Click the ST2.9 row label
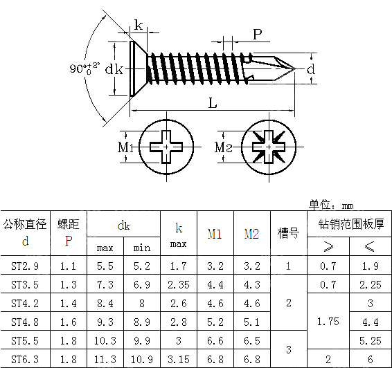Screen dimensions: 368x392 pos(26,266)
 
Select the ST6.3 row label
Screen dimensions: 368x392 pos(26,359)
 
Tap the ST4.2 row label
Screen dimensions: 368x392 pos(26,303)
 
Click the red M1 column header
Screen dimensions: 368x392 pos(215,234)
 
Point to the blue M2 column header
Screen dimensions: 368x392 pos(251,234)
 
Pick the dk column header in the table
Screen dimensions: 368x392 pos(123,225)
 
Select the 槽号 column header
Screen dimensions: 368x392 pos(288,233)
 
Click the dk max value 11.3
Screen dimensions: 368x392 pos(105,359)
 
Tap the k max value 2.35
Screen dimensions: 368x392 pos(178,284)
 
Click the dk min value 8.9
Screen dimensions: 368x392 pos(142,322)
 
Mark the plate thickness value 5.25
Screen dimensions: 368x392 pos(371,340)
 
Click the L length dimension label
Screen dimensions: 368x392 pos(213,103)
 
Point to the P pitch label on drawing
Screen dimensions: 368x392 pos(257,34)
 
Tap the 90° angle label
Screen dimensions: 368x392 pos(84,68)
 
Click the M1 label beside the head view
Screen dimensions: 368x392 pos(125,147)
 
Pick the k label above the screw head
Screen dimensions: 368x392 pos(139,26)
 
